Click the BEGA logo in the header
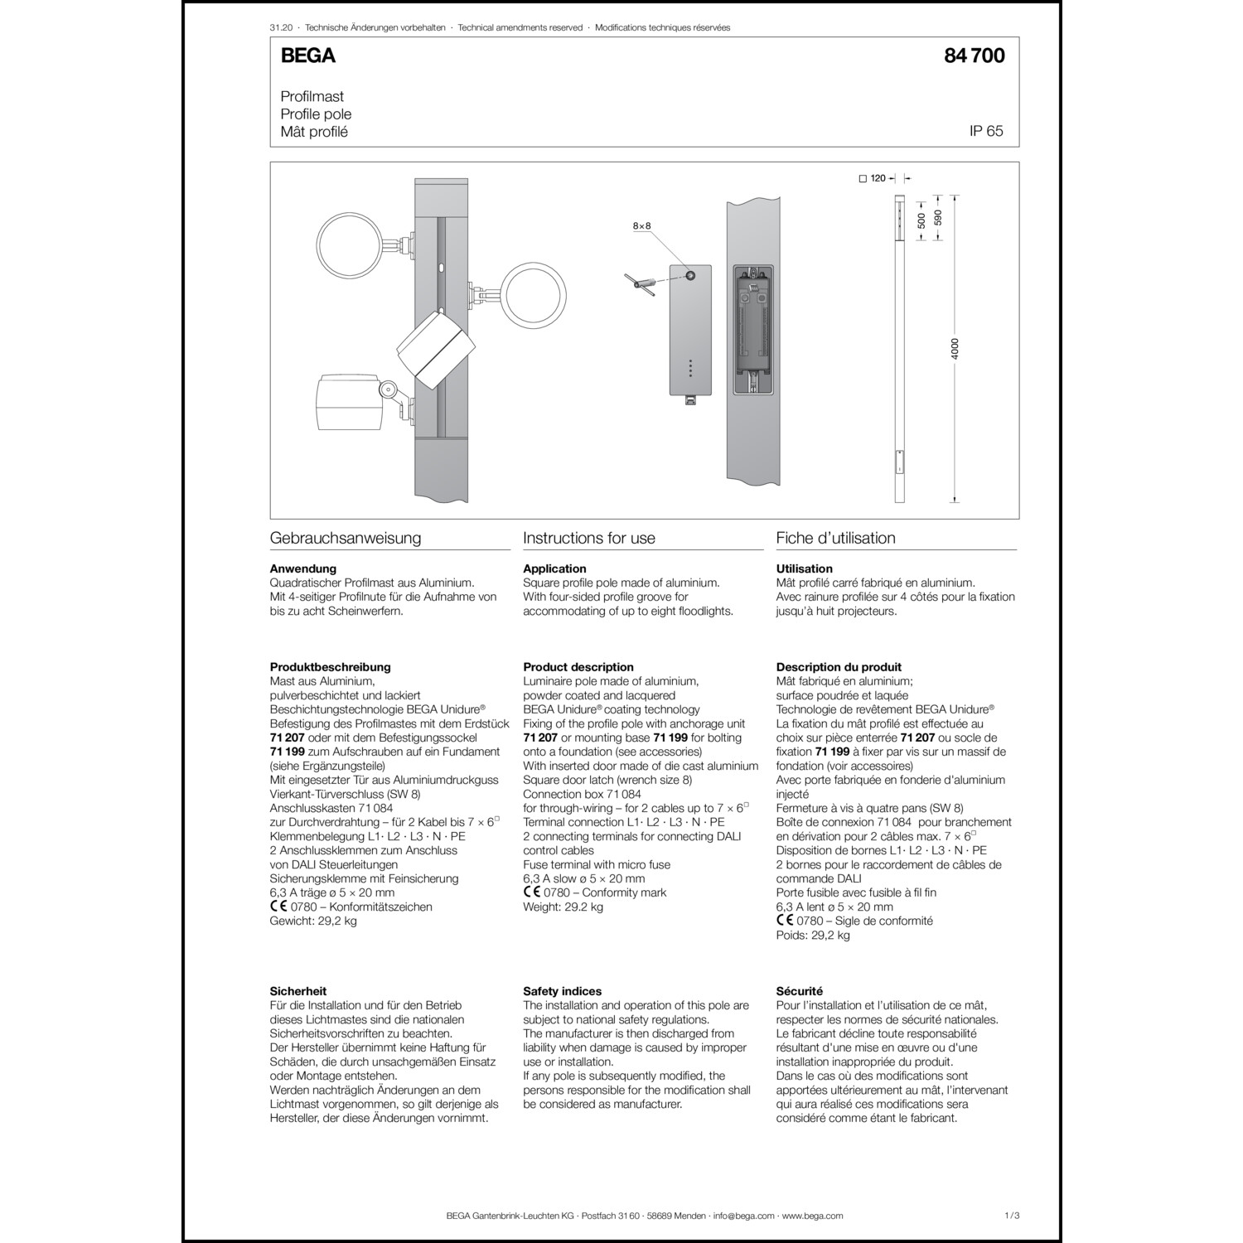[308, 56]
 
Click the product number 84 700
[974, 56]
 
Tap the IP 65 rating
[986, 131]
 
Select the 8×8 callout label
[641, 225]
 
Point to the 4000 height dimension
[954, 348]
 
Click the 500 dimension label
[921, 220]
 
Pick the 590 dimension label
[938, 217]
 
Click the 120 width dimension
[878, 178]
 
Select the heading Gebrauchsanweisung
[346, 538]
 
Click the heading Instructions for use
[589, 538]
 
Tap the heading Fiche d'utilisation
[835, 538]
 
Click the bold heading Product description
[578, 667]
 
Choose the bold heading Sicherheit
[298, 991]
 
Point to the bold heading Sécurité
[800, 991]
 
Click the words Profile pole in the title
[316, 114]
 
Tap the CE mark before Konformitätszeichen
[278, 906]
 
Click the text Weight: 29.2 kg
[563, 907]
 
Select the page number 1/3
[1011, 1216]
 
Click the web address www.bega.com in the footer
[812, 1216]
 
